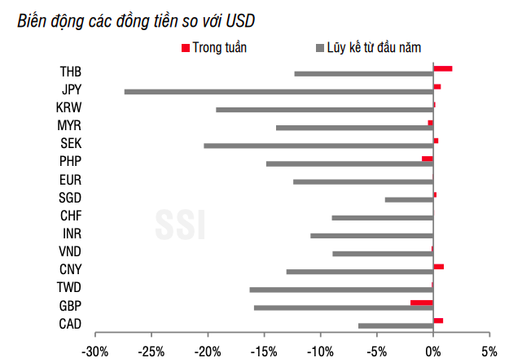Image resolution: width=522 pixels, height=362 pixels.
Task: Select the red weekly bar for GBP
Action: pyautogui.click(x=422, y=302)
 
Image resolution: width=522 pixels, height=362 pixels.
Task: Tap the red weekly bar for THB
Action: pyautogui.click(x=442, y=69)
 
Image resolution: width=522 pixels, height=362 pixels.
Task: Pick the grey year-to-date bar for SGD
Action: pyautogui.click(x=409, y=199)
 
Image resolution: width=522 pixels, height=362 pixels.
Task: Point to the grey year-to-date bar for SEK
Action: pyautogui.click(x=318, y=146)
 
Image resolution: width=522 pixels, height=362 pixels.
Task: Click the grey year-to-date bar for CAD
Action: pyautogui.click(x=396, y=325)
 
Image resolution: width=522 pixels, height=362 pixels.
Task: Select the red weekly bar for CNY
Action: pyautogui.click(x=438, y=266)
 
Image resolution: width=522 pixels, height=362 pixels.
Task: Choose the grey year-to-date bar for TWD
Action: pyautogui.click(x=341, y=290)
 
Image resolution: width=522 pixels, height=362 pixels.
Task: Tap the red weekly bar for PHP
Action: pyautogui.click(x=428, y=159)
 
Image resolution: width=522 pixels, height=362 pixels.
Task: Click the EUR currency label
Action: pyautogui.click(x=70, y=181)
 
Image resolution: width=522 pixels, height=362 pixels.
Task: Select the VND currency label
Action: pyautogui.click(x=70, y=252)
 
